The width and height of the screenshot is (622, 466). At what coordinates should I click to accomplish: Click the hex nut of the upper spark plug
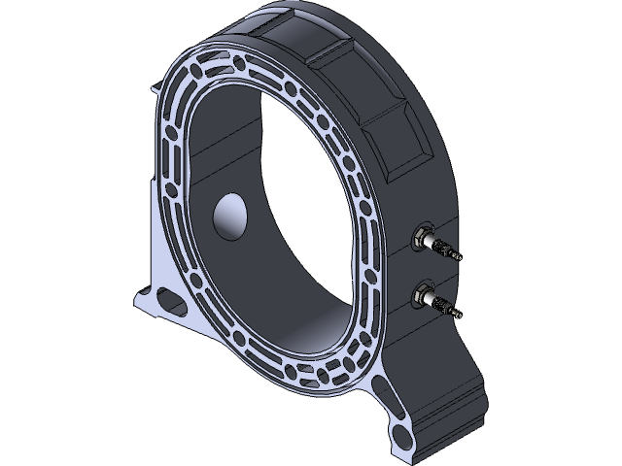[424, 236]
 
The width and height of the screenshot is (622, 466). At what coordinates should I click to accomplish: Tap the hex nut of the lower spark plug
[424, 293]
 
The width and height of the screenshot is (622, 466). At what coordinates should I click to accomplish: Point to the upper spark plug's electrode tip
[460, 257]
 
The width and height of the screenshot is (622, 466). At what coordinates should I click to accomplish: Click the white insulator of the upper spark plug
[433, 242]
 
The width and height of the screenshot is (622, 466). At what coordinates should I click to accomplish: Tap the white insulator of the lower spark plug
[433, 299]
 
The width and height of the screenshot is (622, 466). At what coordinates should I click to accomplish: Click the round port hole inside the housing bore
[231, 216]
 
